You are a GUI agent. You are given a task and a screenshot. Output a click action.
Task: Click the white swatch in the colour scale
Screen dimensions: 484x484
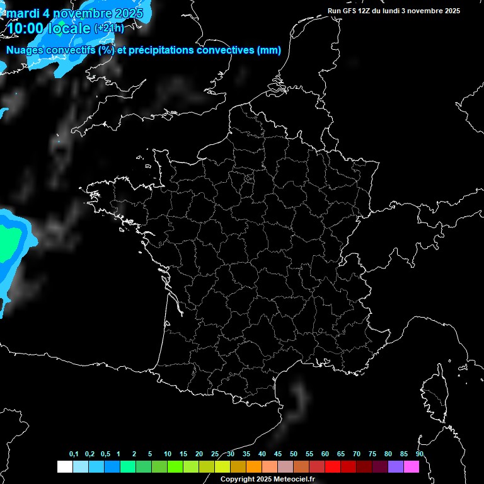click(64, 466)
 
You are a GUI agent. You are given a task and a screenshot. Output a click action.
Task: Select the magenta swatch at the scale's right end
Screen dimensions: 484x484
click(412, 466)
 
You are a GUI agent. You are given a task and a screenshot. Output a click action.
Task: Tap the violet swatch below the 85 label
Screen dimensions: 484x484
click(396, 466)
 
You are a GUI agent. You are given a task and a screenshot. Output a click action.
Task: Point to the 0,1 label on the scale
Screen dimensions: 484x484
click(74, 454)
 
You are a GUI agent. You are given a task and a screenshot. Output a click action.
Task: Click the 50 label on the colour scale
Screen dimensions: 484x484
click(294, 454)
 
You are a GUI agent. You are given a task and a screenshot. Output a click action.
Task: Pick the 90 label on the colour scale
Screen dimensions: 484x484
click(419, 454)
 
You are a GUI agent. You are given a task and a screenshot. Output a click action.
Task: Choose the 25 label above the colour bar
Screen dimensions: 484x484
click(215, 454)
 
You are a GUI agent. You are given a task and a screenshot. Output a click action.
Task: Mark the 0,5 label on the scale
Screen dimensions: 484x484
click(105, 454)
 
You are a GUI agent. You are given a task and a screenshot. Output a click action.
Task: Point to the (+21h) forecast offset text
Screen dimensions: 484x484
click(109, 28)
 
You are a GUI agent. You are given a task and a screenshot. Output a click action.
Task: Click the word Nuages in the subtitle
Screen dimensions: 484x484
click(25, 50)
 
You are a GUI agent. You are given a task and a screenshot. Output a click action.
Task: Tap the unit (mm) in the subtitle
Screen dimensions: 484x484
click(269, 50)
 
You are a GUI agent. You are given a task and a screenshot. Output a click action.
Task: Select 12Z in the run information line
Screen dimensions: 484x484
click(366, 11)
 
